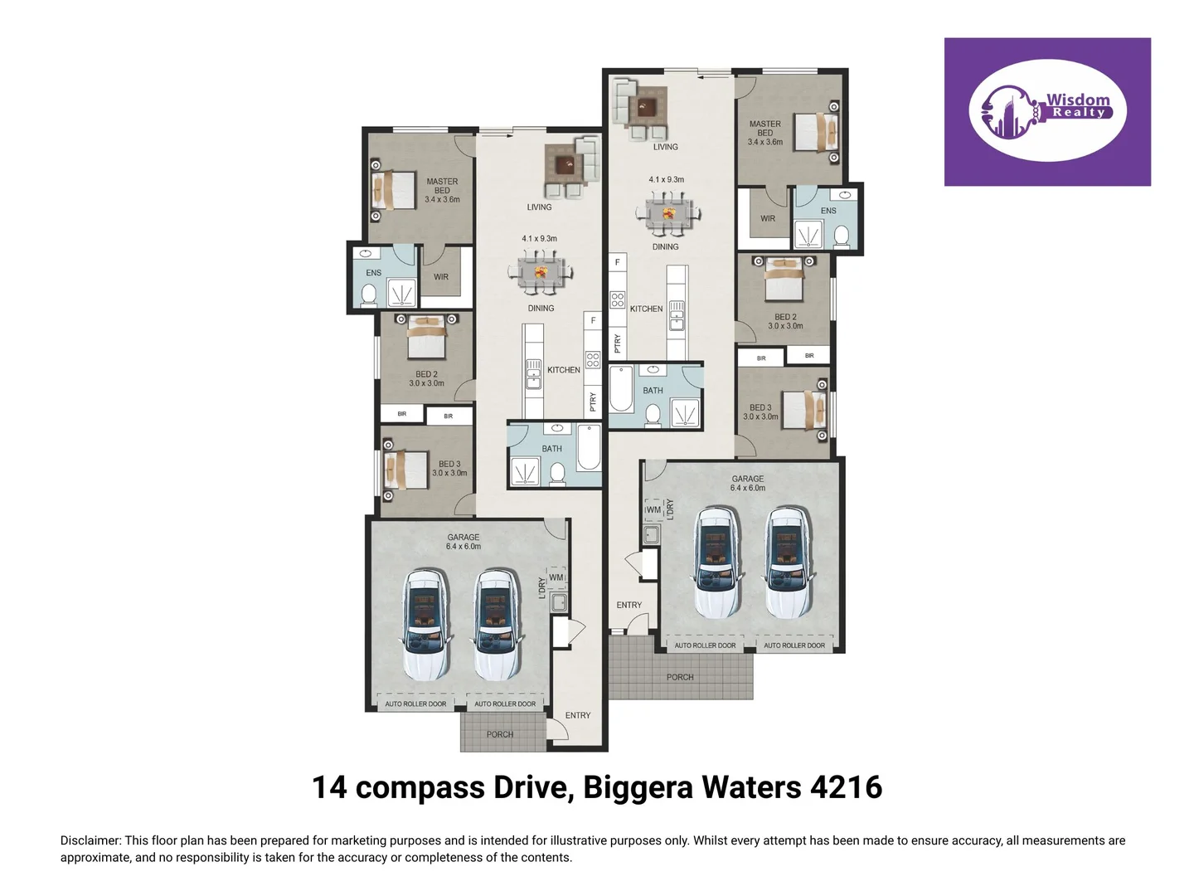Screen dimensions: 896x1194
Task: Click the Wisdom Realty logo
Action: pyautogui.click(x=1047, y=111)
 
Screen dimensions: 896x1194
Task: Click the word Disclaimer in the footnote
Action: pyautogui.click(x=90, y=840)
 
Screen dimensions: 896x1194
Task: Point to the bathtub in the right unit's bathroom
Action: pyautogui.click(x=621, y=389)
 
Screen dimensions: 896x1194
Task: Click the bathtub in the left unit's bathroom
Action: pyautogui.click(x=589, y=447)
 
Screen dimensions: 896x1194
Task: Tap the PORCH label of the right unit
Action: pyautogui.click(x=680, y=677)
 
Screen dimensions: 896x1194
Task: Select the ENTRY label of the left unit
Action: pyautogui.click(x=578, y=715)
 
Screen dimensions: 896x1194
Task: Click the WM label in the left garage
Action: pyautogui.click(x=556, y=577)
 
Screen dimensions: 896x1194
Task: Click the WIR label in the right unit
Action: pyautogui.click(x=768, y=219)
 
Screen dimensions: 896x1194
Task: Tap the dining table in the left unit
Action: pyautogui.click(x=541, y=272)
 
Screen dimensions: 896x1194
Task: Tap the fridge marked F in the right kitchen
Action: pyautogui.click(x=617, y=262)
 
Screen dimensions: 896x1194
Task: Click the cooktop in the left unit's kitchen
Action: pyautogui.click(x=593, y=359)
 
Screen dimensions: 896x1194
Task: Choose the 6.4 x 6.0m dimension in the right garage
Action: pyautogui.click(x=747, y=488)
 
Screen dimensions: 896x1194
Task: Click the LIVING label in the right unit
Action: pyautogui.click(x=665, y=147)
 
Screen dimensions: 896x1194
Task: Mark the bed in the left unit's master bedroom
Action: pyautogui.click(x=393, y=190)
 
